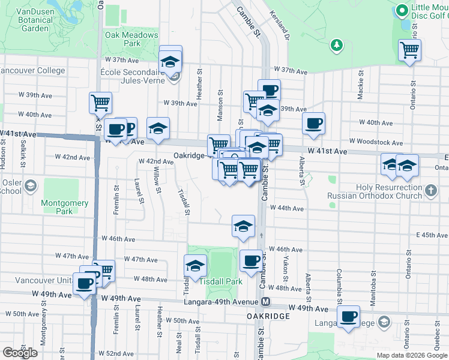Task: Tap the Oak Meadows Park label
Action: click(x=131, y=40)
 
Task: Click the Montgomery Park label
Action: click(x=64, y=207)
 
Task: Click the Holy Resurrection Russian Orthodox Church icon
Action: click(x=430, y=191)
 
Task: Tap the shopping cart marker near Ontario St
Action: click(x=410, y=50)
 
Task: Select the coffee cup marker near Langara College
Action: click(x=349, y=316)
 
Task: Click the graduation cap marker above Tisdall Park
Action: click(x=195, y=266)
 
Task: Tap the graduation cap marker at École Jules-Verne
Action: click(x=170, y=61)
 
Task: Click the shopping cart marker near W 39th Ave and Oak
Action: click(x=100, y=102)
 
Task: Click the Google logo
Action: click(x=20, y=353)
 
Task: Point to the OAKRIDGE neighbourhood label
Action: click(x=268, y=316)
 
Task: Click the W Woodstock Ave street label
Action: click(x=376, y=142)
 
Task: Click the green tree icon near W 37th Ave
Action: click(x=337, y=44)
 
